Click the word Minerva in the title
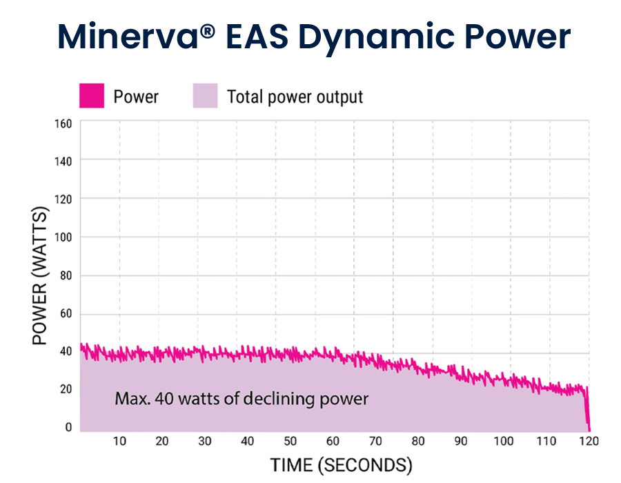click(x=128, y=37)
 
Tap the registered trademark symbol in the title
click(x=208, y=31)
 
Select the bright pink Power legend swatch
click(x=92, y=95)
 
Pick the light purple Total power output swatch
click(x=205, y=95)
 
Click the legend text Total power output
click(x=295, y=97)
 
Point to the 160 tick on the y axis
click(x=63, y=124)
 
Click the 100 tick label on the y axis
click(x=63, y=237)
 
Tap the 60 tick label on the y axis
click(x=66, y=313)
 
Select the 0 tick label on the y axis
click(x=68, y=427)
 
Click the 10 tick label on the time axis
click(x=119, y=441)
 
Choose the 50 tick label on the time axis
click(x=290, y=441)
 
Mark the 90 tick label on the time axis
click(x=461, y=441)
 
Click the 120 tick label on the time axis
click(x=589, y=441)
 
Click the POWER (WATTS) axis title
click(x=39, y=275)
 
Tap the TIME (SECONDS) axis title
click(x=342, y=465)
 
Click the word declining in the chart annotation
click(x=279, y=399)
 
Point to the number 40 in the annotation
click(x=164, y=399)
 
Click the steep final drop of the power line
click(x=588, y=408)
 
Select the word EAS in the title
click(x=257, y=37)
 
